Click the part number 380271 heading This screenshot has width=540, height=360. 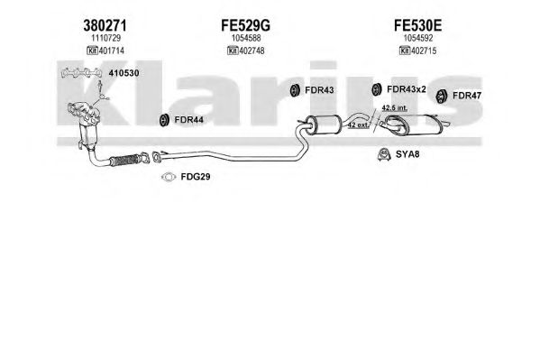coord(105,25)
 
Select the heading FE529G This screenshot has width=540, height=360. coord(245,25)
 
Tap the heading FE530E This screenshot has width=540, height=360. coord(417,25)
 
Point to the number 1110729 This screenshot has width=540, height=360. coord(105,38)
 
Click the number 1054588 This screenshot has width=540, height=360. coord(246,38)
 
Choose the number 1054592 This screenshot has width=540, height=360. coord(418,38)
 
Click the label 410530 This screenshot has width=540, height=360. coord(124,73)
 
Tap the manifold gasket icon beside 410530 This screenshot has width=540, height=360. coord(82,72)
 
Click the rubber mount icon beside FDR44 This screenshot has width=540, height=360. coord(164,120)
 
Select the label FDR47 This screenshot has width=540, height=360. coord(467,96)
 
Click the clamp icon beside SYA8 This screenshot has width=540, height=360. coord(384,154)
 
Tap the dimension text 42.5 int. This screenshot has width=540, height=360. coord(395,108)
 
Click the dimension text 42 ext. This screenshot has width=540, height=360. coord(358,125)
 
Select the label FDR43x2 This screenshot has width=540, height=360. coord(407,89)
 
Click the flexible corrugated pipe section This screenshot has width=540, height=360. coord(124,161)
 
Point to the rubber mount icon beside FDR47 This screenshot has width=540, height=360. coord(442,97)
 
